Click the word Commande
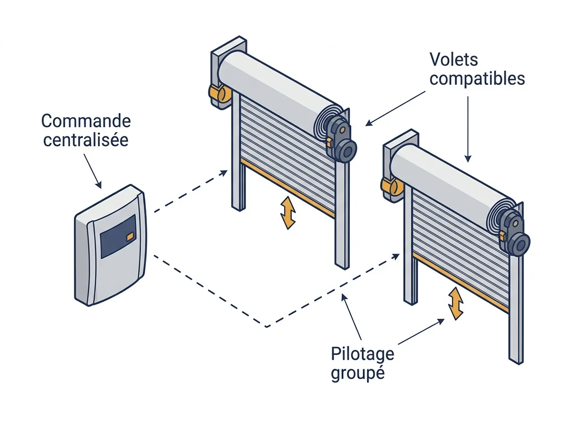pos(86,121)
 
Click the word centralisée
pos(86,140)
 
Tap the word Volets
pos(454,60)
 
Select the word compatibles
pos(477,79)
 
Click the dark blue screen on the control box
pos(118,236)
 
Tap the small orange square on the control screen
pos(130,236)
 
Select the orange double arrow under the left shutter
pos(288,213)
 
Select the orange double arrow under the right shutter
pos(456,304)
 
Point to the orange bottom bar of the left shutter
pos(288,188)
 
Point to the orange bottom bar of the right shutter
pos(461,283)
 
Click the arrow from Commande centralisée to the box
pos(92,171)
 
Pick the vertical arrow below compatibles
pos(468,129)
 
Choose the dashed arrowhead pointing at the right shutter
pos(395,256)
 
